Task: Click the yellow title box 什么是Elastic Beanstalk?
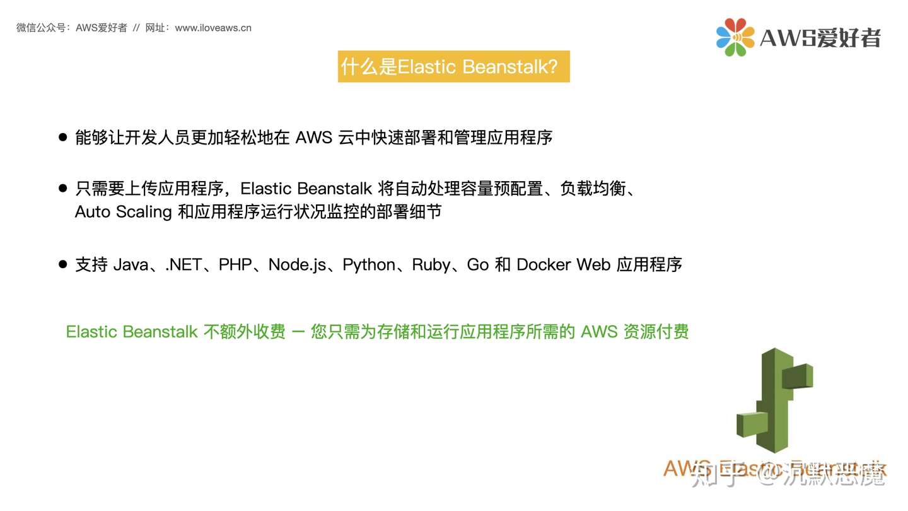tap(453, 66)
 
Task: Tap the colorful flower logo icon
tap(735, 37)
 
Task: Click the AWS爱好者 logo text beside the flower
tap(820, 38)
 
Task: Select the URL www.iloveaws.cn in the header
tap(213, 28)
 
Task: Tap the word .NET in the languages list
tap(183, 265)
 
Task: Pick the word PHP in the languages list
tap(235, 265)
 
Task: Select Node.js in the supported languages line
tap(297, 265)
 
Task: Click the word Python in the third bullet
tap(369, 265)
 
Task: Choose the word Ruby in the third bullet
tap(431, 265)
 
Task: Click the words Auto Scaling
tap(124, 212)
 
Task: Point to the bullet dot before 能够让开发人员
tap(62, 137)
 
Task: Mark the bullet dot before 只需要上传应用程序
tap(62, 188)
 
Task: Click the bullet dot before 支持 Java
tap(62, 265)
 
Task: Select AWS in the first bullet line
tap(313, 137)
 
